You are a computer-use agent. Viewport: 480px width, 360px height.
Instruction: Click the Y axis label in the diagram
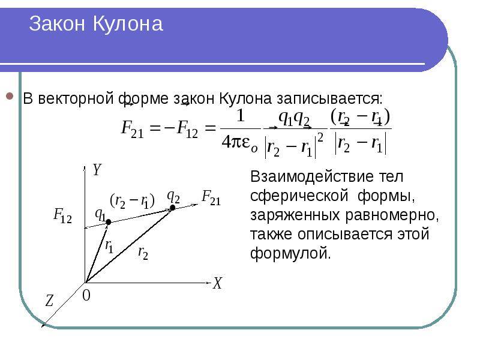[97, 170]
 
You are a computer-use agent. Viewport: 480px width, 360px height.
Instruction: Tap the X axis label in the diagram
[217, 284]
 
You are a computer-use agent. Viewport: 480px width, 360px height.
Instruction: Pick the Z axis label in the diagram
[49, 302]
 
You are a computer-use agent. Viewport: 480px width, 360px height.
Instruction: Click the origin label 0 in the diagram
[86, 296]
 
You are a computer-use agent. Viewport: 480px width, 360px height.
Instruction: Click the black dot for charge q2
[173, 208]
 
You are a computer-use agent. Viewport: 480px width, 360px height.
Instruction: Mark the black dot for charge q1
[109, 223]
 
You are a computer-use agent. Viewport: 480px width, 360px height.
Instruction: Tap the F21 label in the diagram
[211, 197]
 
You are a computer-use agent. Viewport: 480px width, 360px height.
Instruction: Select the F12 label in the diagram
[62, 215]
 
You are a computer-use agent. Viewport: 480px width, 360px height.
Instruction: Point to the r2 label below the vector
[143, 253]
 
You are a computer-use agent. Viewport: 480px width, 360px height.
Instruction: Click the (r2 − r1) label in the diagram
[132, 201]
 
